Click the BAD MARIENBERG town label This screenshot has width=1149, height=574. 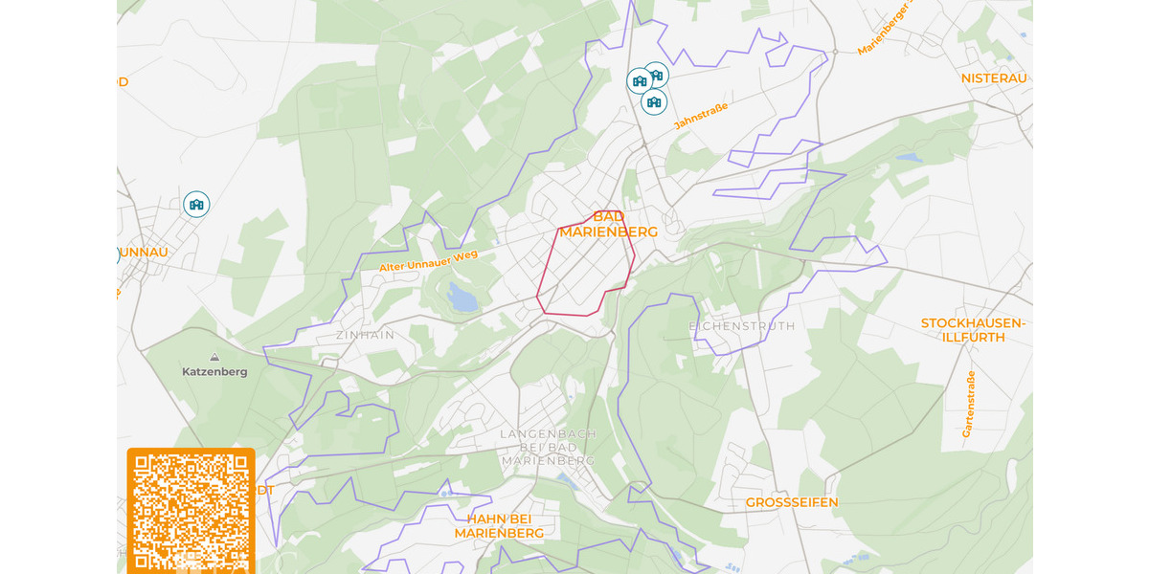(x=608, y=225)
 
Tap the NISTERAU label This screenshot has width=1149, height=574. (x=994, y=77)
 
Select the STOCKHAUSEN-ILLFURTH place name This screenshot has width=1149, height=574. (x=973, y=330)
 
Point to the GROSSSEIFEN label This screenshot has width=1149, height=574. (x=792, y=502)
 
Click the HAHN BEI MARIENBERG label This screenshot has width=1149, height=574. (x=499, y=526)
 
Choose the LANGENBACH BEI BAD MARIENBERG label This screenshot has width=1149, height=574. (x=549, y=447)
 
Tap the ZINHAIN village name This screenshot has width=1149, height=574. (x=365, y=336)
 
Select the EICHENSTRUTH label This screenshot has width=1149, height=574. (x=741, y=326)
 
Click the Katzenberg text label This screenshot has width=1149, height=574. (x=214, y=371)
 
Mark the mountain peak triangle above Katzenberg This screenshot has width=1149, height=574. (x=214, y=357)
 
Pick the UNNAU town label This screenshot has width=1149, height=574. (x=144, y=252)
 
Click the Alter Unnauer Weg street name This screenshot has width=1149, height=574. (x=428, y=259)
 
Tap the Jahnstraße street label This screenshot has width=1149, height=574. (x=700, y=116)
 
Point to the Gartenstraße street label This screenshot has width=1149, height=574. (x=969, y=404)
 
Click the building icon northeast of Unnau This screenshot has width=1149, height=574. (x=196, y=204)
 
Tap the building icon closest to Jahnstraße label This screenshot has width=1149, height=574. (x=654, y=101)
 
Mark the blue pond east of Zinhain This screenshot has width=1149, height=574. (x=463, y=299)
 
